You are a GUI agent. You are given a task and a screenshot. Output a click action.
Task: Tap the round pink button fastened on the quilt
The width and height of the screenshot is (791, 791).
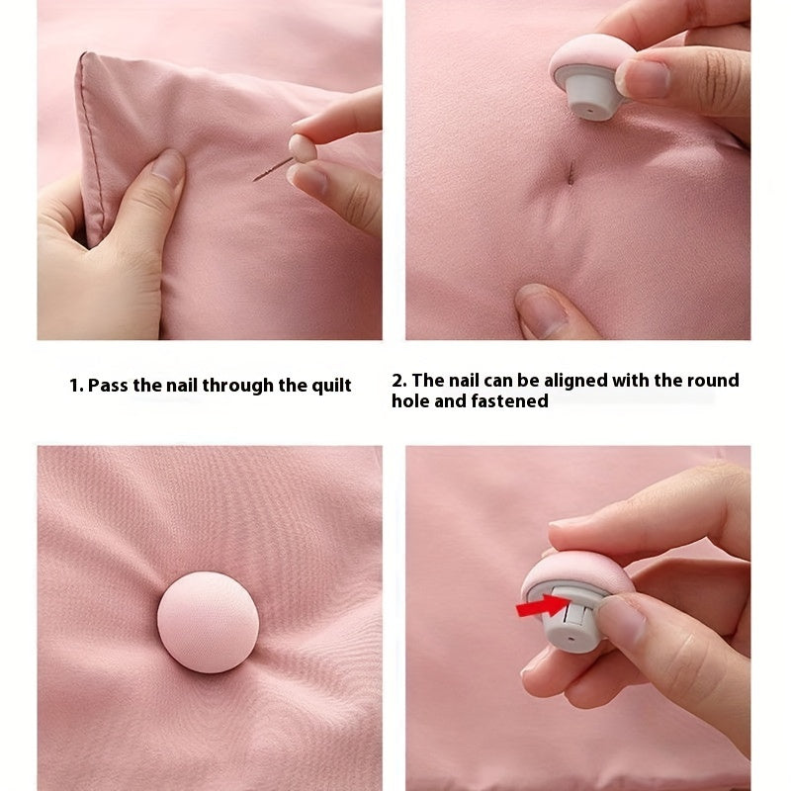pyautogui.click(x=208, y=622)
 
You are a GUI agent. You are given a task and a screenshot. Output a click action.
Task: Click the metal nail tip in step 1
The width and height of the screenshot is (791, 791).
pyautogui.click(x=255, y=179)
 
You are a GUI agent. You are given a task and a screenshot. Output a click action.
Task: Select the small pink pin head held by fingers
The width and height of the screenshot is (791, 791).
pyautogui.click(x=302, y=147)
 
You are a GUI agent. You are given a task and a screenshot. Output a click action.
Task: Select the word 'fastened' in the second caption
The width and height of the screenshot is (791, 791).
pyautogui.click(x=509, y=401)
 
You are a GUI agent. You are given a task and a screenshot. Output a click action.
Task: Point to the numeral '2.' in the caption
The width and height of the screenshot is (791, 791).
pyautogui.click(x=399, y=381)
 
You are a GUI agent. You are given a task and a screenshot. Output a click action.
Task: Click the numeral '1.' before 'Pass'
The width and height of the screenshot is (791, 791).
pyautogui.click(x=76, y=386)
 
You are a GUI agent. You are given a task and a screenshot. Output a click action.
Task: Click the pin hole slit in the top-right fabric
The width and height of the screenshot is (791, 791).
pyautogui.click(x=571, y=172)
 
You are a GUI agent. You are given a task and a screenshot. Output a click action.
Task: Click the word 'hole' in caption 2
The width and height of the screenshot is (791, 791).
pyautogui.click(x=410, y=401)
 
